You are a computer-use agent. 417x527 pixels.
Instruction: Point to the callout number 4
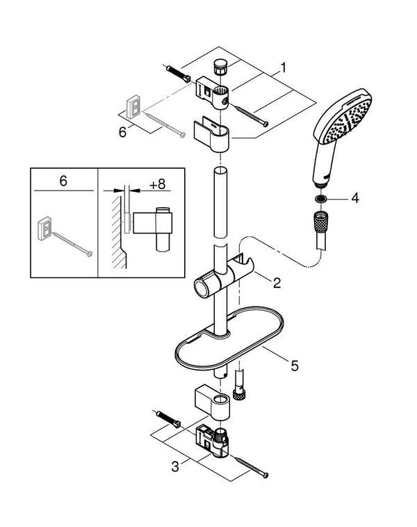coord(354,198)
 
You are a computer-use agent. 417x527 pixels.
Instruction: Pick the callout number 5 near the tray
coord(294,364)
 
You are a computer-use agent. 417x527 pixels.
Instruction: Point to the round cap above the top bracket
coord(220,67)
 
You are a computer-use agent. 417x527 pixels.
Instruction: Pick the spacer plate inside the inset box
coord(44,227)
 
